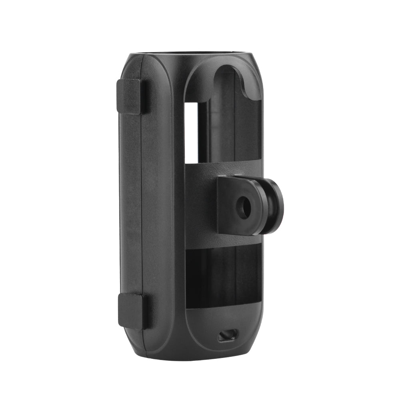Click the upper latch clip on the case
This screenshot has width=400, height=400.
(x=130, y=96)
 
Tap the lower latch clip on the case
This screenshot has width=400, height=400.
(x=131, y=311)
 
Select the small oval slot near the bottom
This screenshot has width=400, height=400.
(x=228, y=335)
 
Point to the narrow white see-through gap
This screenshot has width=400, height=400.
(x=191, y=132)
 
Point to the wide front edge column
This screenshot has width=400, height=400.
(x=160, y=200)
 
